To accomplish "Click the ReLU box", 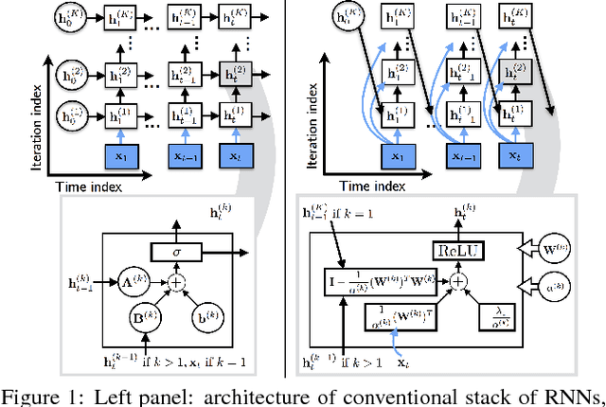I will [x=472, y=250].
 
